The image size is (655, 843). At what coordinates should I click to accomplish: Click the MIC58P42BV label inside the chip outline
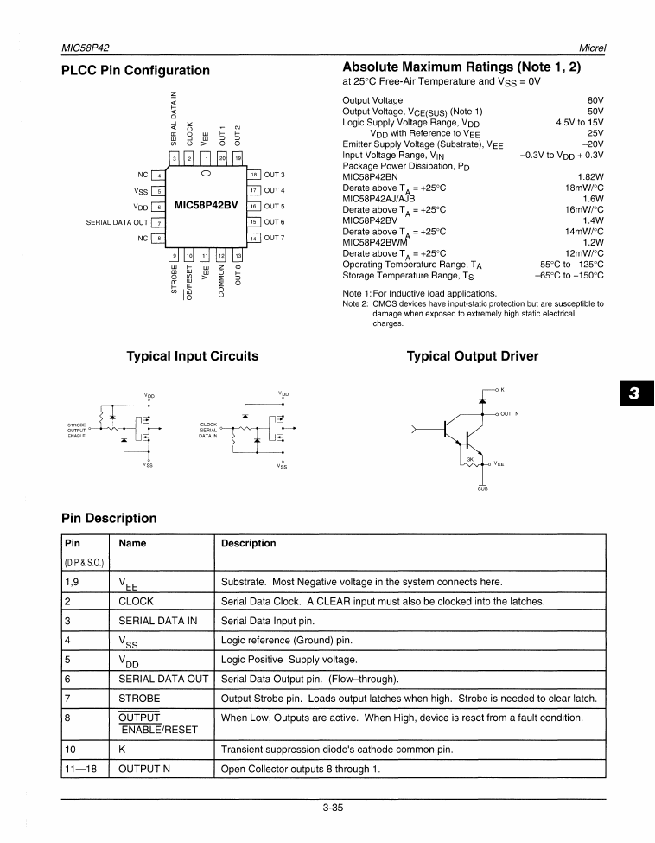point(207,206)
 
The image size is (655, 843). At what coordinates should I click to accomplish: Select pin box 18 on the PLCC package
point(254,175)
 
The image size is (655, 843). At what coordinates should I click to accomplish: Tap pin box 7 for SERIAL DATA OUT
point(157,222)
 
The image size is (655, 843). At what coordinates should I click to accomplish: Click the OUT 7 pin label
point(275,238)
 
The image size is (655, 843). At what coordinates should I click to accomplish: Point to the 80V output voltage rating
point(595,100)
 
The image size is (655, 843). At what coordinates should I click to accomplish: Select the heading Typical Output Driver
point(472,356)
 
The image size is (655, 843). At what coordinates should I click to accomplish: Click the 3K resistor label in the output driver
point(470,459)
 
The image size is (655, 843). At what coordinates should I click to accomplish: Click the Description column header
point(249,543)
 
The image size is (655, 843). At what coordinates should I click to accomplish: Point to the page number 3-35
point(333,808)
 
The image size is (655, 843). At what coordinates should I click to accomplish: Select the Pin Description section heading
point(109,519)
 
